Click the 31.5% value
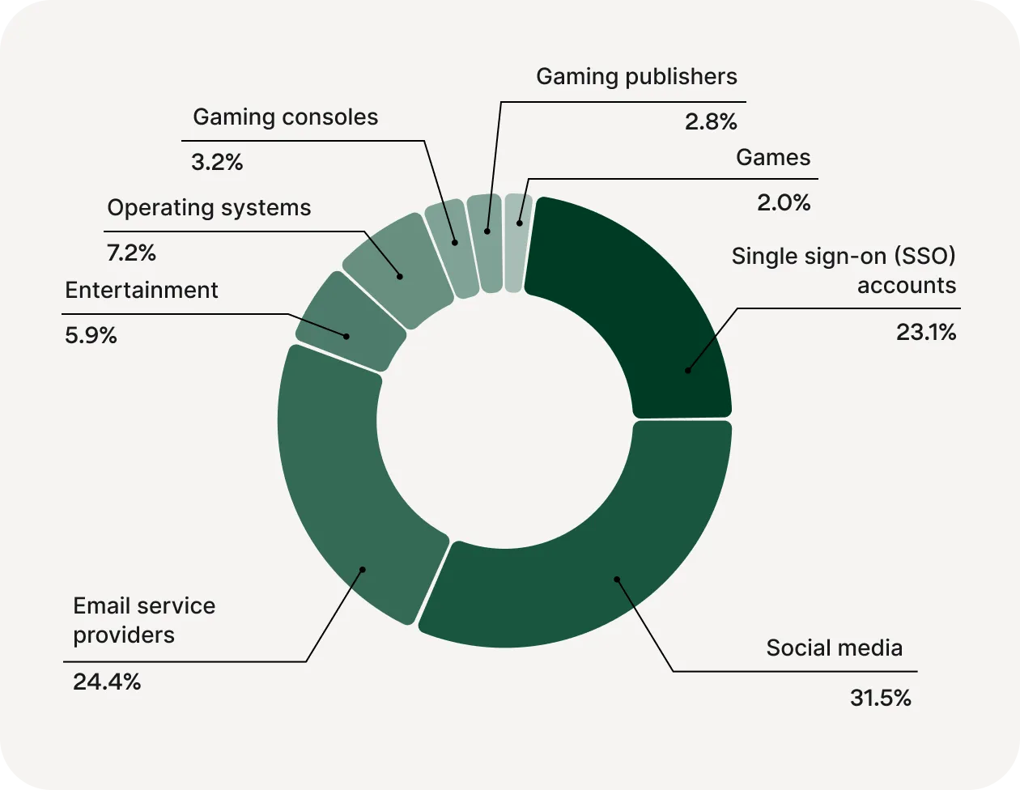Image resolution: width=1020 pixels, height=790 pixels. coord(880,698)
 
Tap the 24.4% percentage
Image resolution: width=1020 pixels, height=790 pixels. coord(107,682)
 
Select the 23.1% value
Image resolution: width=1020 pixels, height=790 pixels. coord(925,332)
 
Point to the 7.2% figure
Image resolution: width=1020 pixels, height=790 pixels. coord(131,253)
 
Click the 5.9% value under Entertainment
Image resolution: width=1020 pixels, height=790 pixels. coord(91,335)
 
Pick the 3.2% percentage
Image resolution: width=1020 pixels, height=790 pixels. coord(217,162)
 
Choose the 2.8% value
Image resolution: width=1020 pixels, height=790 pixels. coord(711,122)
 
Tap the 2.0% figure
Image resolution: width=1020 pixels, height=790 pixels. coord(784,202)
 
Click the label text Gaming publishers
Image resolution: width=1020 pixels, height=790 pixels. coord(636,77)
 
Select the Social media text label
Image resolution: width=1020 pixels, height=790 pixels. coord(834,648)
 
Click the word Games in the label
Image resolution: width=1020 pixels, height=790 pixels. coord(773,157)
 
